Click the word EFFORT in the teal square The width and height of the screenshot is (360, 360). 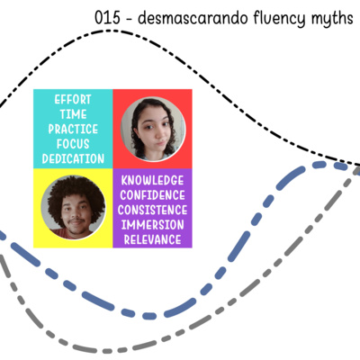[x=73, y=100]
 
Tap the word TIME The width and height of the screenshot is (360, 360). [x=73, y=114]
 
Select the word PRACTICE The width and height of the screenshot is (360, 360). [x=73, y=129]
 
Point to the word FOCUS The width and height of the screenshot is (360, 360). [x=73, y=144]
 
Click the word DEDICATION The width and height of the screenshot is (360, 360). [x=73, y=158]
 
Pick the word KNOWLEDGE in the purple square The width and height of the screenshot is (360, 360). [x=152, y=180]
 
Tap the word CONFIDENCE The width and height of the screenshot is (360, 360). [x=152, y=195]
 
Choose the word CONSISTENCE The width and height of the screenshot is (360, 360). [x=152, y=210]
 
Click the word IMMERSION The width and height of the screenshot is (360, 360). [x=152, y=225]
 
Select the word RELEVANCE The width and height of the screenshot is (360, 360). [x=152, y=239]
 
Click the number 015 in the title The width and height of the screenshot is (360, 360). [x=107, y=18]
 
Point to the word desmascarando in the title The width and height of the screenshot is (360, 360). [x=193, y=18]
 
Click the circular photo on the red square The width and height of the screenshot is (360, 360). [x=153, y=129]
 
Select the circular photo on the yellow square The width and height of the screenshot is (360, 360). [x=73, y=208]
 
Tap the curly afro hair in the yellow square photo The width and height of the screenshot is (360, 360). [x=75, y=189]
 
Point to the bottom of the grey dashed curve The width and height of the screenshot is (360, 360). [x=106, y=351]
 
